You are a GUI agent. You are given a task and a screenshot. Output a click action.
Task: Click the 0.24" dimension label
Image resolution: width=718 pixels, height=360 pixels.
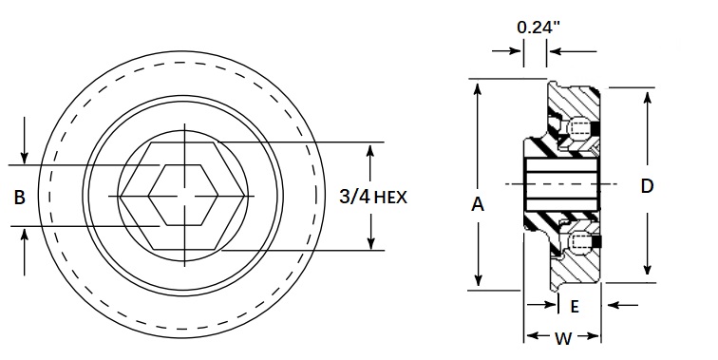[x=538, y=27]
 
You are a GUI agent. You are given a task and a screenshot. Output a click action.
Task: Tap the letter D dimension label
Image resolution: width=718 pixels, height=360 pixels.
[x=647, y=186]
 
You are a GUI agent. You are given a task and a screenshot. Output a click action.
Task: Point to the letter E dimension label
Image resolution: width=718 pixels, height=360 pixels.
[x=575, y=306]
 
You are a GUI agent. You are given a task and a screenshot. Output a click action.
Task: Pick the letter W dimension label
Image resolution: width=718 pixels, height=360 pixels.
[x=563, y=337]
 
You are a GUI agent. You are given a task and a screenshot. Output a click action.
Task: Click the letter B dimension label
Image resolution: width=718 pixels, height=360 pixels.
[x=19, y=198]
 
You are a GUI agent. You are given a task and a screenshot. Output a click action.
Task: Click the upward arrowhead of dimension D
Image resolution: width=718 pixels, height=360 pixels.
[x=648, y=96]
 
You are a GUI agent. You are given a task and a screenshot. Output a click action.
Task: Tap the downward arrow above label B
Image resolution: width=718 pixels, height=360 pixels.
[x=26, y=157]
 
